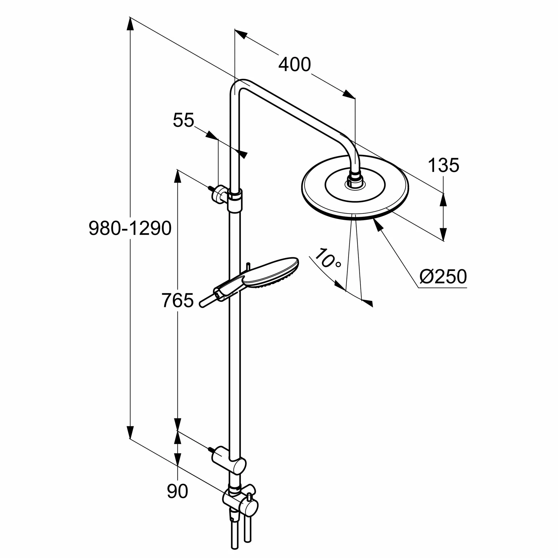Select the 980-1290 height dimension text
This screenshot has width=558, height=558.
coord(130,229)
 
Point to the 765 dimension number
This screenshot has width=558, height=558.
coord(177,300)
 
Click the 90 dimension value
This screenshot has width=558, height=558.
coord(177,491)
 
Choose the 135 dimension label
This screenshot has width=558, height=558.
coord(443,165)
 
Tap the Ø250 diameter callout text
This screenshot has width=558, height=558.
coord(443,276)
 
